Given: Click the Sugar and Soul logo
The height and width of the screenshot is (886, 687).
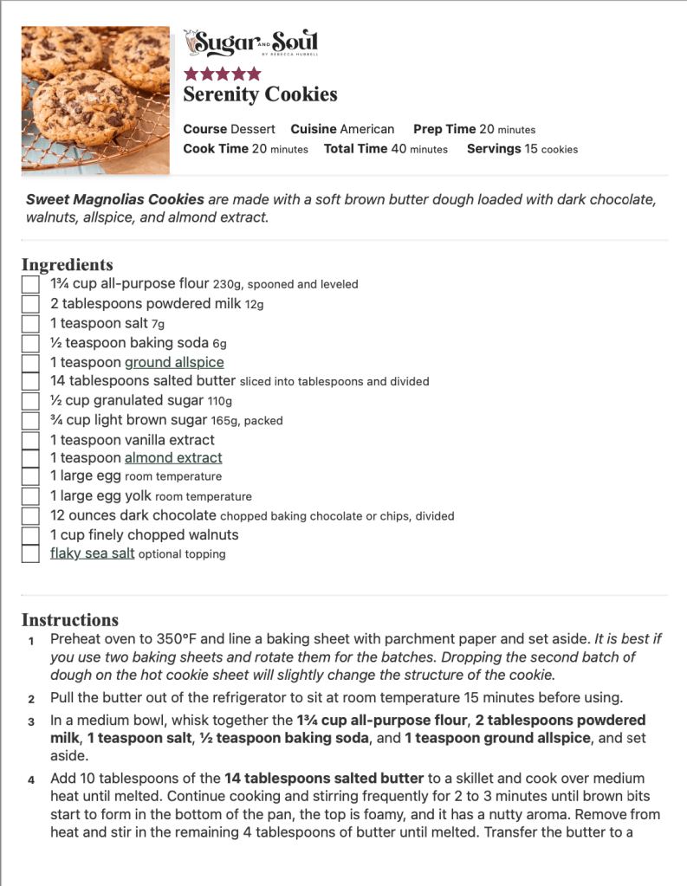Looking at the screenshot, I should pos(251,42).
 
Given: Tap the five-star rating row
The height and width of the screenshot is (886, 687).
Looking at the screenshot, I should pos(222,74).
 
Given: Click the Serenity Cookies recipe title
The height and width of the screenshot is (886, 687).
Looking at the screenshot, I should pos(260,94).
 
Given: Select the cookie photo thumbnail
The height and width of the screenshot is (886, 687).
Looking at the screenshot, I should pos(95,100).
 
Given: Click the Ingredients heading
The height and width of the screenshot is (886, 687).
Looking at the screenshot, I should pos(67,265).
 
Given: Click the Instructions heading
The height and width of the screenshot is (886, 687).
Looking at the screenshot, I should pos(69,620).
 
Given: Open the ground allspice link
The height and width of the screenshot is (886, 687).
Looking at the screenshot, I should pos(174,362).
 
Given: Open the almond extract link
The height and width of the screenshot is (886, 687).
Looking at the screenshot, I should pos(173,457).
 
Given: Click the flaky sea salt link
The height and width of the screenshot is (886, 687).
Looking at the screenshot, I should pos(92,553).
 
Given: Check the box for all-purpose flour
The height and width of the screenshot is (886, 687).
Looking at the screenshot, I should pos(30,284).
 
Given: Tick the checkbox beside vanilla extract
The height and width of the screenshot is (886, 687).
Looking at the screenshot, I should pos(30,440).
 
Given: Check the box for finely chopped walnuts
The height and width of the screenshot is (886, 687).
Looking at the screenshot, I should pos(30,535).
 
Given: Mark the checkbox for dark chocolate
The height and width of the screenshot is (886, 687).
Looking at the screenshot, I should pos(30,516).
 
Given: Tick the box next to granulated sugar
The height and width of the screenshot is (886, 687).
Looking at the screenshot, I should pos(30,401).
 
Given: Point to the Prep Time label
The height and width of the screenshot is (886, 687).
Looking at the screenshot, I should pos(444,129).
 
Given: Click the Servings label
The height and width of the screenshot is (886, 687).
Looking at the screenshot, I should pos(494,149).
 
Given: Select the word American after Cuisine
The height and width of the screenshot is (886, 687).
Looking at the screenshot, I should pos(366,129).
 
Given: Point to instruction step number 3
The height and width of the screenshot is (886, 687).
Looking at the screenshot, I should pos(30,721).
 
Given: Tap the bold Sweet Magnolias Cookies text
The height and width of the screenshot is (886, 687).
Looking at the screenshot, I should pos(115,199).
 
